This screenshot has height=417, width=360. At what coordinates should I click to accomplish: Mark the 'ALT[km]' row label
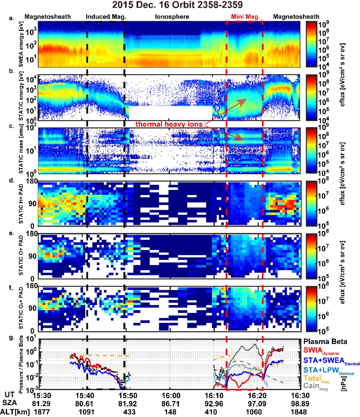[14, 411]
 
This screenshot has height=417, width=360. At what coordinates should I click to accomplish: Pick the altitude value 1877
[41, 411]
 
